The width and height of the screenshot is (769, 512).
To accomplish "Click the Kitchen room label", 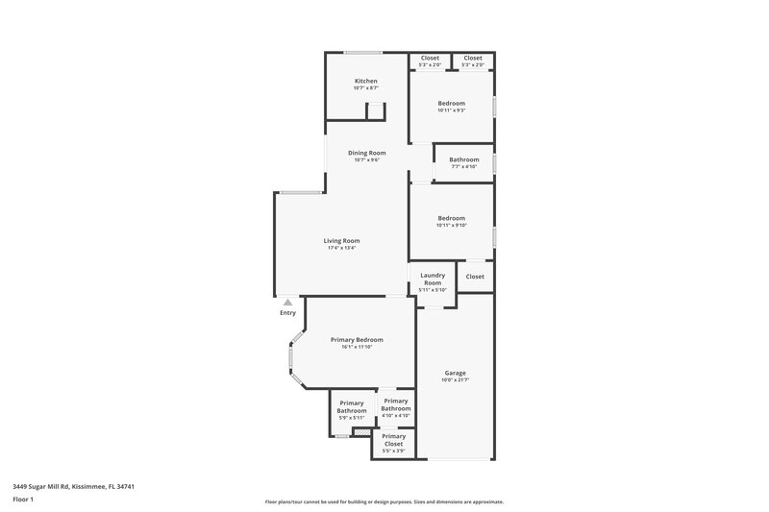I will [x=365, y=81].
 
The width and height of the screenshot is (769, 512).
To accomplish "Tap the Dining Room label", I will [x=366, y=153].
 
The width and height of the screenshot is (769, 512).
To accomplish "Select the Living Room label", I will [x=341, y=240].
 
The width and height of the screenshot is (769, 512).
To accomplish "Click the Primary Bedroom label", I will [x=357, y=339].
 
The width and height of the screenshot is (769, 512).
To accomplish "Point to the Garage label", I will [x=455, y=372].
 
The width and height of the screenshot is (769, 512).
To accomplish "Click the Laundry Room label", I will [x=433, y=279].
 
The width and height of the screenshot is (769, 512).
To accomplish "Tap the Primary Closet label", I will [x=393, y=440].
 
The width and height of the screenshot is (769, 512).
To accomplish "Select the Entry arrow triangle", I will [x=287, y=302].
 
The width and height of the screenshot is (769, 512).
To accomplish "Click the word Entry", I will [x=287, y=313].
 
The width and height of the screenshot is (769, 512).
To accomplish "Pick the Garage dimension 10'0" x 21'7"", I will [x=455, y=379].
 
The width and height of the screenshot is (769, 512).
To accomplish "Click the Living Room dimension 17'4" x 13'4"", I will [x=341, y=248].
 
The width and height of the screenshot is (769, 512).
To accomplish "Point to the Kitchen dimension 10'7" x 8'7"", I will [x=365, y=88].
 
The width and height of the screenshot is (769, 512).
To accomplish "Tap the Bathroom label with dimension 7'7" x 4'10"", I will [x=464, y=159].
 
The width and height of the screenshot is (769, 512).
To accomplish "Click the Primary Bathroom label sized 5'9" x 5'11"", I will [x=352, y=406].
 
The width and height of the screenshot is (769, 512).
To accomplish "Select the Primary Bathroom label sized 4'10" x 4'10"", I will [x=396, y=403].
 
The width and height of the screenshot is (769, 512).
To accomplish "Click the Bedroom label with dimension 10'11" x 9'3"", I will [x=452, y=103].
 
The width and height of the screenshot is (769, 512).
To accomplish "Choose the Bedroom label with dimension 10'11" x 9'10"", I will [x=452, y=218].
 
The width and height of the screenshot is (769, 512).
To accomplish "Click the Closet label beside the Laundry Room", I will [x=475, y=277].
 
